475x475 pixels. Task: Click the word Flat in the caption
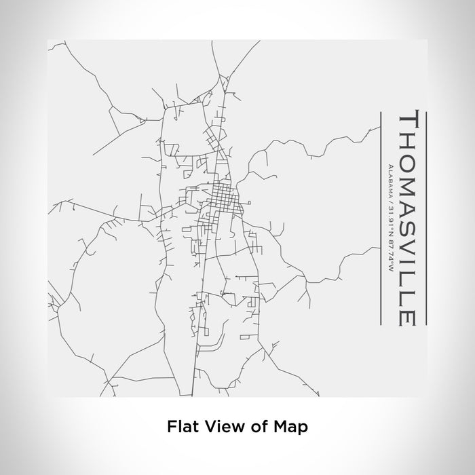(x=180, y=427)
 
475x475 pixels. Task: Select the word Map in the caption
(x=292, y=427)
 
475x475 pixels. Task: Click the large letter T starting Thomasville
(x=411, y=120)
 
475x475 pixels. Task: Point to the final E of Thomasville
(x=411, y=316)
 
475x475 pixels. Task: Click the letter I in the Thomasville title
(x=411, y=255)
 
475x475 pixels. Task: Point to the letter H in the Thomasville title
(x=411, y=139)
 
